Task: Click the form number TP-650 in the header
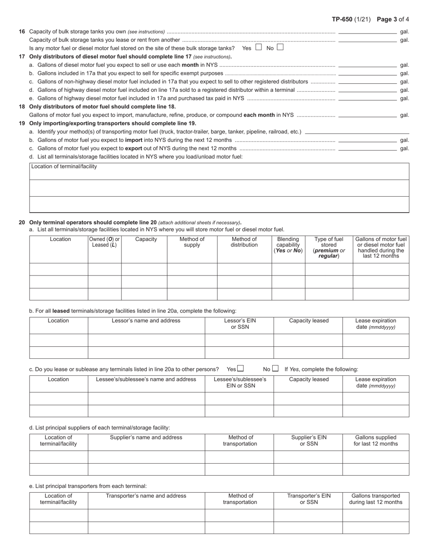click(342, 19)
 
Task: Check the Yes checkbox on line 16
click(258, 47)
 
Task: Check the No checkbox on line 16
click(280, 47)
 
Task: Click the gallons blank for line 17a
click(367, 65)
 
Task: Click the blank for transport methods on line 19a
click(356, 132)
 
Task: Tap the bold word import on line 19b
click(134, 140)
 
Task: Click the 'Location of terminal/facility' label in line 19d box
click(64, 167)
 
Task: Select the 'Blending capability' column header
click(288, 245)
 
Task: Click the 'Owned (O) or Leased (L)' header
click(104, 242)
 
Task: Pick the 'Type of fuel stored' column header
click(329, 248)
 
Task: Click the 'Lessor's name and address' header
click(146, 321)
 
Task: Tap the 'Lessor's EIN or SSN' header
click(239, 324)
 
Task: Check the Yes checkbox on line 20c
click(241, 369)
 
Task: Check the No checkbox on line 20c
click(275, 369)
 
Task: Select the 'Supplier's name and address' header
click(146, 438)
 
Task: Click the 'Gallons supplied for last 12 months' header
click(375, 441)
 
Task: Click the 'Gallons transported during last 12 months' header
click(375, 499)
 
